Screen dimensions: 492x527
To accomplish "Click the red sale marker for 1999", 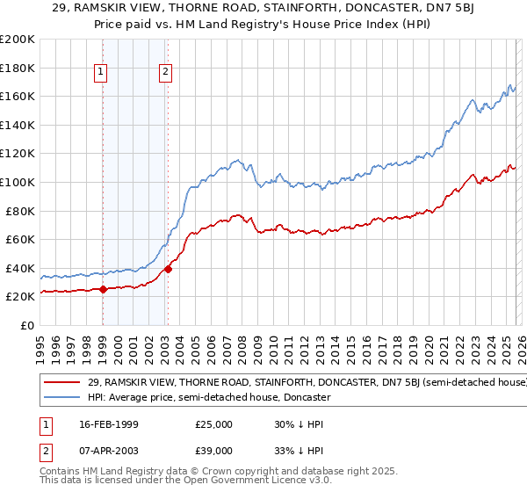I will pyautogui.click(x=103, y=289).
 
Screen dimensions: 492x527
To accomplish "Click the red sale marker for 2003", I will pyautogui.click(x=167, y=269).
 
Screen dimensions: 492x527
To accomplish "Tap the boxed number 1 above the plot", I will pyautogui.click(x=103, y=73).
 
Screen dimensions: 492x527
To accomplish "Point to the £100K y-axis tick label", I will pyautogui.click(x=17, y=182).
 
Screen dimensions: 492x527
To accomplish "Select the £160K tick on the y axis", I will pyautogui.click(x=17, y=96).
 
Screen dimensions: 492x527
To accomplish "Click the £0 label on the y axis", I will pyautogui.click(x=25, y=325).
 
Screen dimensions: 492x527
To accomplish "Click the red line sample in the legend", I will pyautogui.click(x=61, y=382).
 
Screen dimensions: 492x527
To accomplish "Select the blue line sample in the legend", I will pyautogui.click(x=61, y=397).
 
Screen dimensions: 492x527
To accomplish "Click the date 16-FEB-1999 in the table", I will pyautogui.click(x=106, y=424).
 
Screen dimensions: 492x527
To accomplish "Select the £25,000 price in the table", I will pyautogui.click(x=213, y=424).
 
